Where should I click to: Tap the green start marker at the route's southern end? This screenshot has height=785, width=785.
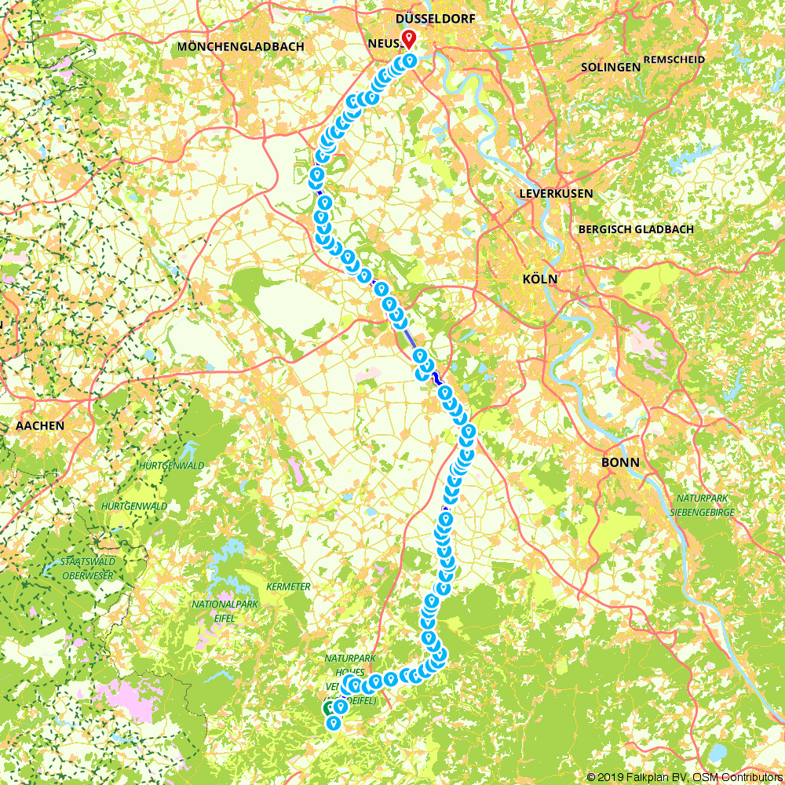(329, 708)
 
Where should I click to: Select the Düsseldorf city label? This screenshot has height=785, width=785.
(436, 17)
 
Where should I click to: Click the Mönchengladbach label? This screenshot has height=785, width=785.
(240, 47)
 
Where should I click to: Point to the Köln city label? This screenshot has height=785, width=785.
(539, 279)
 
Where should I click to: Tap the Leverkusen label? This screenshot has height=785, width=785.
(556, 193)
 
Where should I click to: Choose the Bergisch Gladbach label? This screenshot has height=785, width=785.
(635, 229)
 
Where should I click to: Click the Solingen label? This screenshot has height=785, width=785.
(611, 68)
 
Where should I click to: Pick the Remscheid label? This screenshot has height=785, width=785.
(674, 60)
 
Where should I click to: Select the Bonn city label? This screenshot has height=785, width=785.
(620, 462)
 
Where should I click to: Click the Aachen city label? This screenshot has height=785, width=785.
(39, 425)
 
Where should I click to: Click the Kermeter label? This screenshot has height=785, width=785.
(289, 586)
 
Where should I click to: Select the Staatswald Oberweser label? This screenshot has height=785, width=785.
(88, 568)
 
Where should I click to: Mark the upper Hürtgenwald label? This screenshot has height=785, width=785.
(170, 466)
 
